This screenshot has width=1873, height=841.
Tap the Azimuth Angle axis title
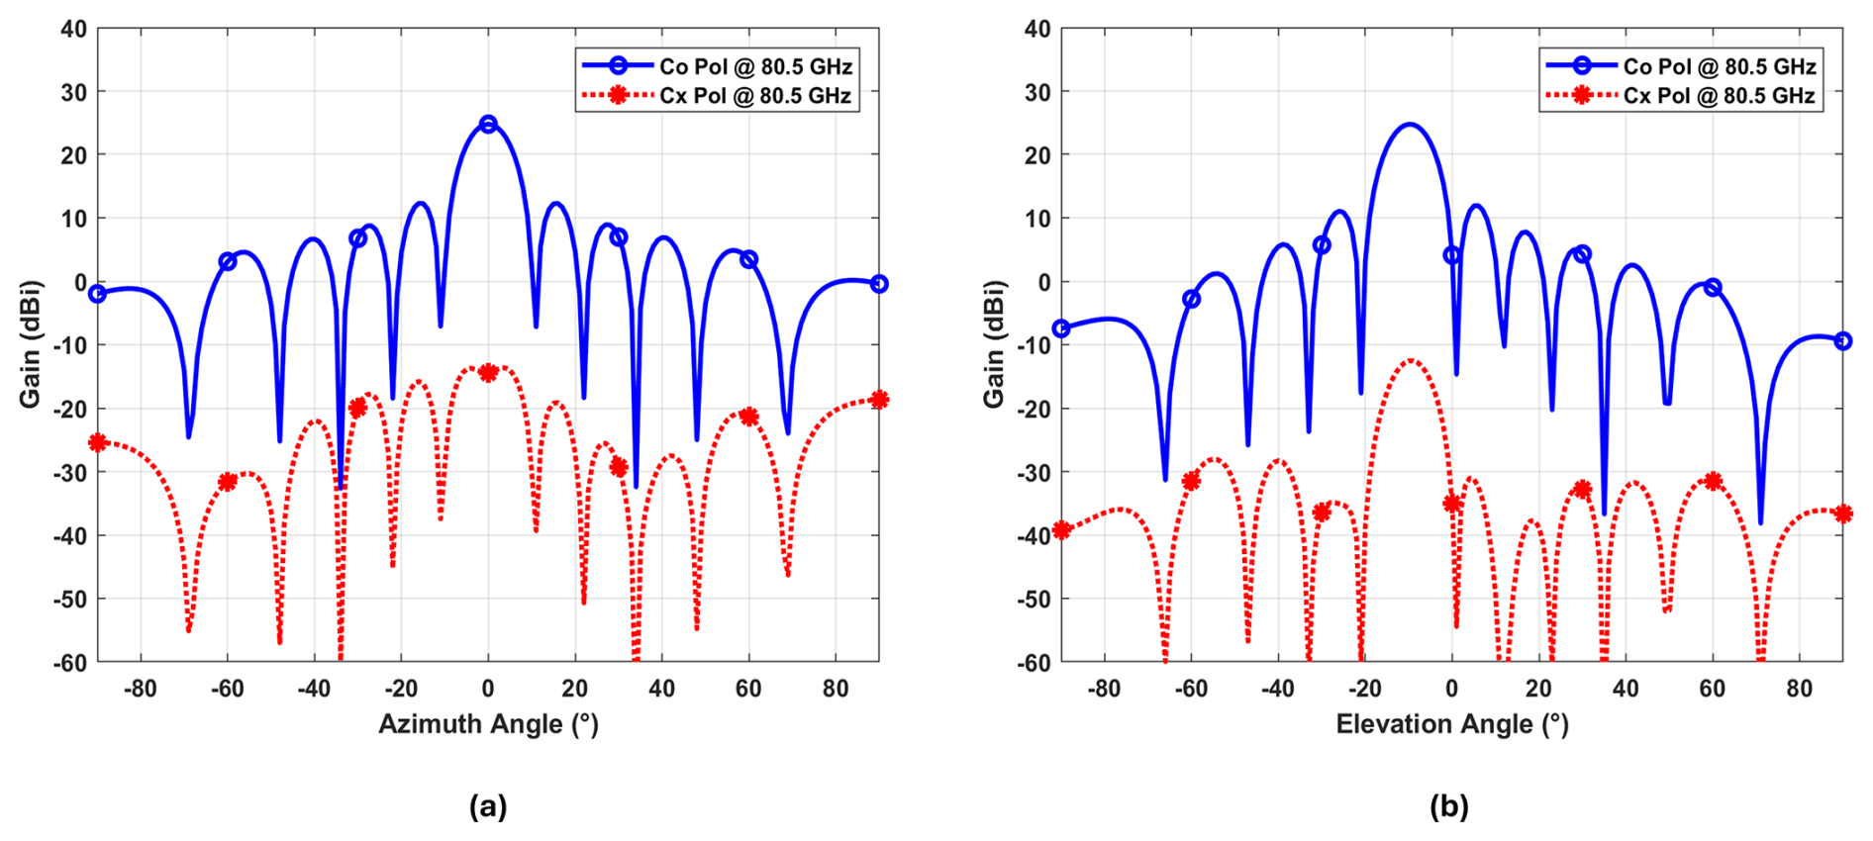(488, 724)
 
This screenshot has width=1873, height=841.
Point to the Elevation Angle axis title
(1451, 724)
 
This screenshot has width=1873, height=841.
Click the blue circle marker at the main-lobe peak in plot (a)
(488, 124)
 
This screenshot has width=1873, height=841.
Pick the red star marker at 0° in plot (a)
(488, 372)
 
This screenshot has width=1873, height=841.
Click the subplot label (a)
(488, 806)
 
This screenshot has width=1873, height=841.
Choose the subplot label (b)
(1449, 806)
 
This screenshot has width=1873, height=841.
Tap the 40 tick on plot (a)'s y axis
(73, 29)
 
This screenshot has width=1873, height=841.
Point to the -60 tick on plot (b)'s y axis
(1035, 663)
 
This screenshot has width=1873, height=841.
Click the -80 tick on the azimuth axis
(140, 689)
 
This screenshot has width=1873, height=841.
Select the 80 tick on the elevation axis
(1799, 689)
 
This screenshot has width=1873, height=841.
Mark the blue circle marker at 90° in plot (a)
(879, 284)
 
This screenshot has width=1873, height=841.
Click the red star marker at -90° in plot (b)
(1061, 529)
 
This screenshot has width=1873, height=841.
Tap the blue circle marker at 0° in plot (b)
(1451, 255)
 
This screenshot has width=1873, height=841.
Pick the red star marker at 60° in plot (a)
(748, 417)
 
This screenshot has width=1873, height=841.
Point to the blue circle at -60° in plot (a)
(228, 261)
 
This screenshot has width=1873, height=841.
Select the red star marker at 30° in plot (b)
(1582, 489)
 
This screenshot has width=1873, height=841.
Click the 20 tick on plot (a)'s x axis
(574, 689)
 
